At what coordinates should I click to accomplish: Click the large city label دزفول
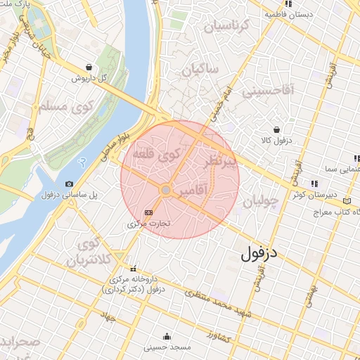(x=262, y=253)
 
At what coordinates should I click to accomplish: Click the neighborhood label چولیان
(x=261, y=201)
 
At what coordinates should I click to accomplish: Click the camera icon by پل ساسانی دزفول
(x=69, y=184)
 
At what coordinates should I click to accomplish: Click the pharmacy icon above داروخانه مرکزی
(x=134, y=268)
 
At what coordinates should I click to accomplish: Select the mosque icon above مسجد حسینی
(x=167, y=336)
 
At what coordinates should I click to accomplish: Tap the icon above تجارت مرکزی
(x=148, y=212)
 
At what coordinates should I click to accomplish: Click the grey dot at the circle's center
(x=166, y=190)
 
